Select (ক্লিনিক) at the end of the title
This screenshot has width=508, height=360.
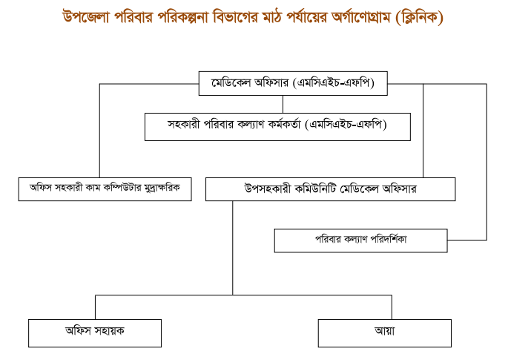[419, 18]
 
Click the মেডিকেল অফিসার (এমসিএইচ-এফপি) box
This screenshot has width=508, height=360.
[293, 83]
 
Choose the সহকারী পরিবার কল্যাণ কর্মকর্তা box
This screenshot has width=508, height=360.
[277, 127]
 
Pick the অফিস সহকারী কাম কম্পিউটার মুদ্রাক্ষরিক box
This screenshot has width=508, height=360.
[105, 189]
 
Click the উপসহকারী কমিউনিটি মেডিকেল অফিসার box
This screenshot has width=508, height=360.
[331, 189]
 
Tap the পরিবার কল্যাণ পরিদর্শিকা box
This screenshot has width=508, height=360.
[361, 240]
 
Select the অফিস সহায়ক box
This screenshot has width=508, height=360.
[95, 333]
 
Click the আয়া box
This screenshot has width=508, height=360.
[385, 333]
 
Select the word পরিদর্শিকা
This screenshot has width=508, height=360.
[389, 239]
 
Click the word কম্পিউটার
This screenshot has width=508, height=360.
[122, 188]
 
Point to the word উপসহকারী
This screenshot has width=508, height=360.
[268, 189]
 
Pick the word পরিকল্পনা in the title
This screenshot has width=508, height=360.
[182, 17]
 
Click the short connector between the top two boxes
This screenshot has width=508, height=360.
[283, 104]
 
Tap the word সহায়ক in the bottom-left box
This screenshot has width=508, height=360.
[109, 331]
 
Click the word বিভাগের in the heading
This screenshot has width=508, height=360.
[236, 17]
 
